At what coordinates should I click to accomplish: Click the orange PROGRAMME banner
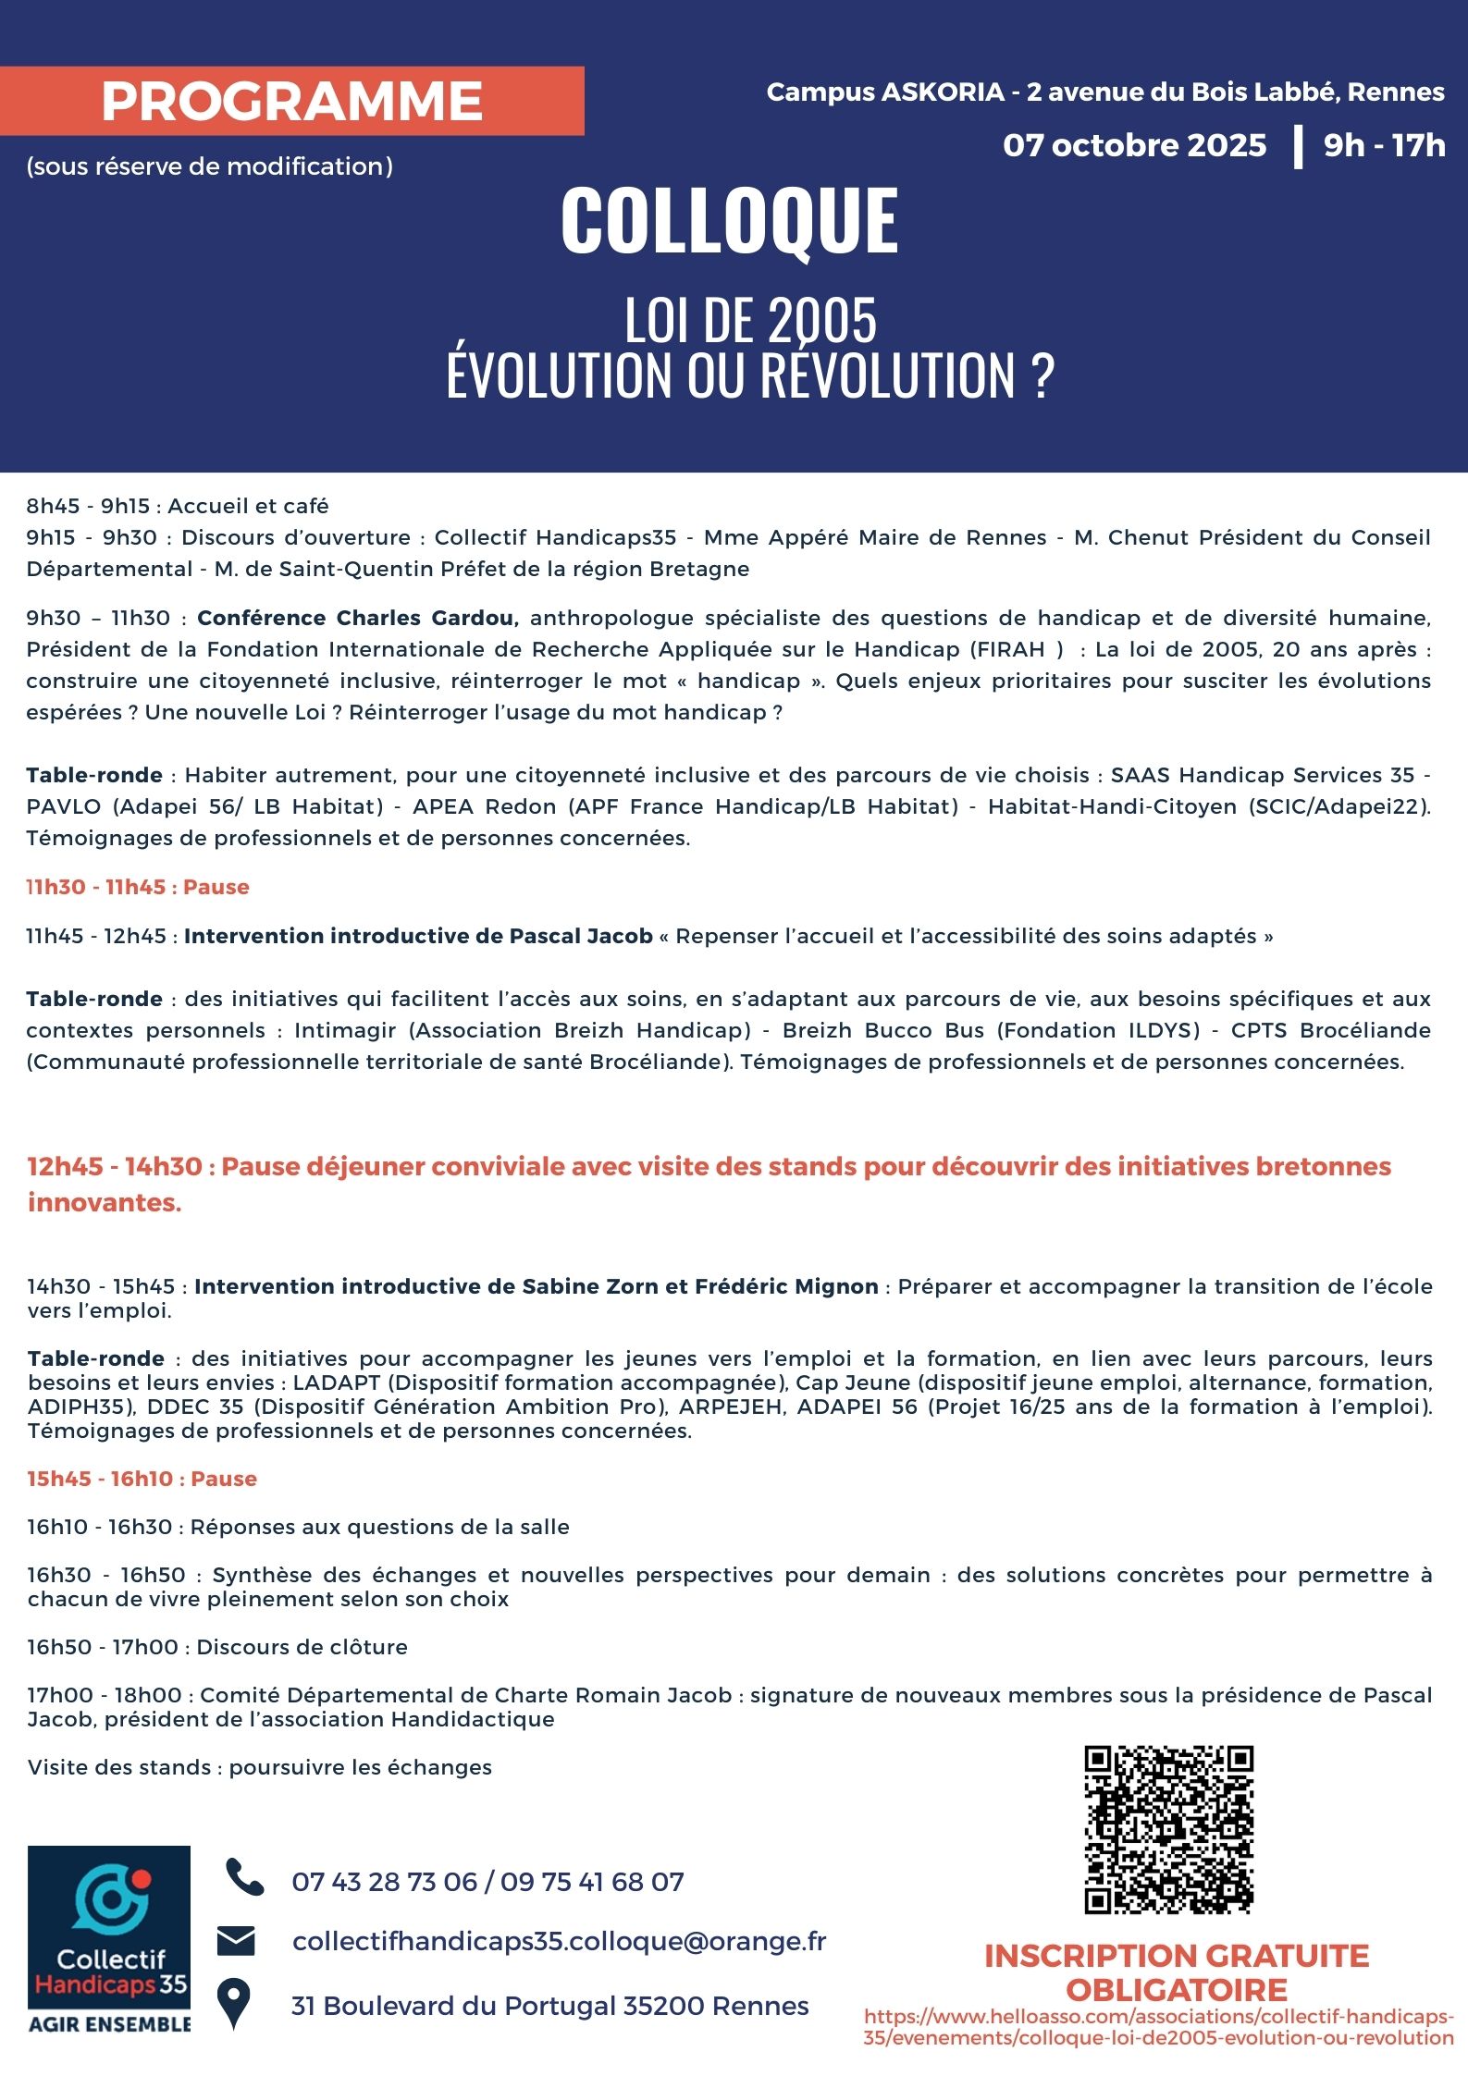(291, 101)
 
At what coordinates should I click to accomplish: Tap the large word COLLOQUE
(729, 221)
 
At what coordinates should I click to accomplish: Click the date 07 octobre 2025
(1134, 145)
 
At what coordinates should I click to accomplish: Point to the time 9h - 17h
(1384, 145)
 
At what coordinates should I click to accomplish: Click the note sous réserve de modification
(210, 166)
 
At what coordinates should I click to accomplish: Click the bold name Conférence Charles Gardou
(357, 618)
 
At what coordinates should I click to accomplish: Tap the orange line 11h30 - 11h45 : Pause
(138, 887)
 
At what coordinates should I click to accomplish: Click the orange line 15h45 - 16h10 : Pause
(142, 1479)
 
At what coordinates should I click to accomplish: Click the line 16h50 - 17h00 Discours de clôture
(217, 1647)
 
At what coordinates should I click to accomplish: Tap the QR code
(1168, 1829)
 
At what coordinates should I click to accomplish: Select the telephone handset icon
(244, 1878)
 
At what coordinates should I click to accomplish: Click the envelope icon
(236, 1941)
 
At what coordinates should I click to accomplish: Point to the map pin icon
(234, 2004)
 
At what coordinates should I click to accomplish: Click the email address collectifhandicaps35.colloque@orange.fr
(559, 1941)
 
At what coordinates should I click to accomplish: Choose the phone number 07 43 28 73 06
(384, 1882)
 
